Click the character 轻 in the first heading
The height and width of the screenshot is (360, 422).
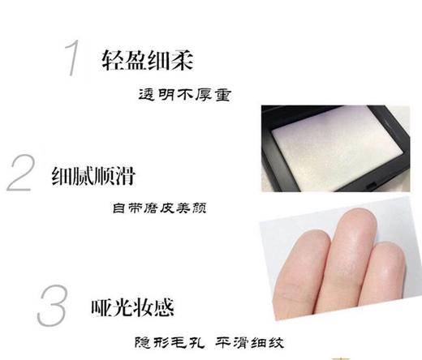click(113, 60)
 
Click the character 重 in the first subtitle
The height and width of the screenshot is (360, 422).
click(225, 95)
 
